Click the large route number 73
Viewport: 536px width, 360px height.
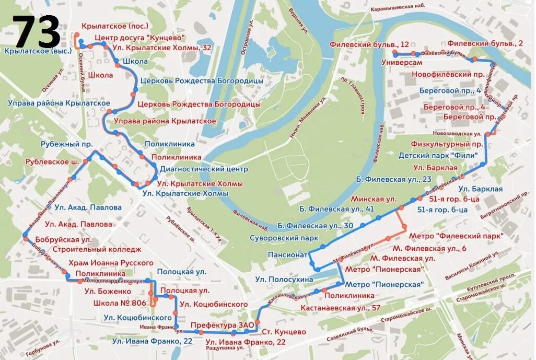coord(37,32)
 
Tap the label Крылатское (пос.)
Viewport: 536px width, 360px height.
coord(115,26)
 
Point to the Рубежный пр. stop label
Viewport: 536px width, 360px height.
coord(67,144)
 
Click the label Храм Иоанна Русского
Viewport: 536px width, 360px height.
coord(111,262)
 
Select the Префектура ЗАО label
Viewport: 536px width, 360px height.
coord(222,326)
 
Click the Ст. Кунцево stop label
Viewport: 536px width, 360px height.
coord(284,332)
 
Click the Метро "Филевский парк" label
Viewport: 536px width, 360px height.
coord(456,236)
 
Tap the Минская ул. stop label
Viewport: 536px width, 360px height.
coord(374,200)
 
